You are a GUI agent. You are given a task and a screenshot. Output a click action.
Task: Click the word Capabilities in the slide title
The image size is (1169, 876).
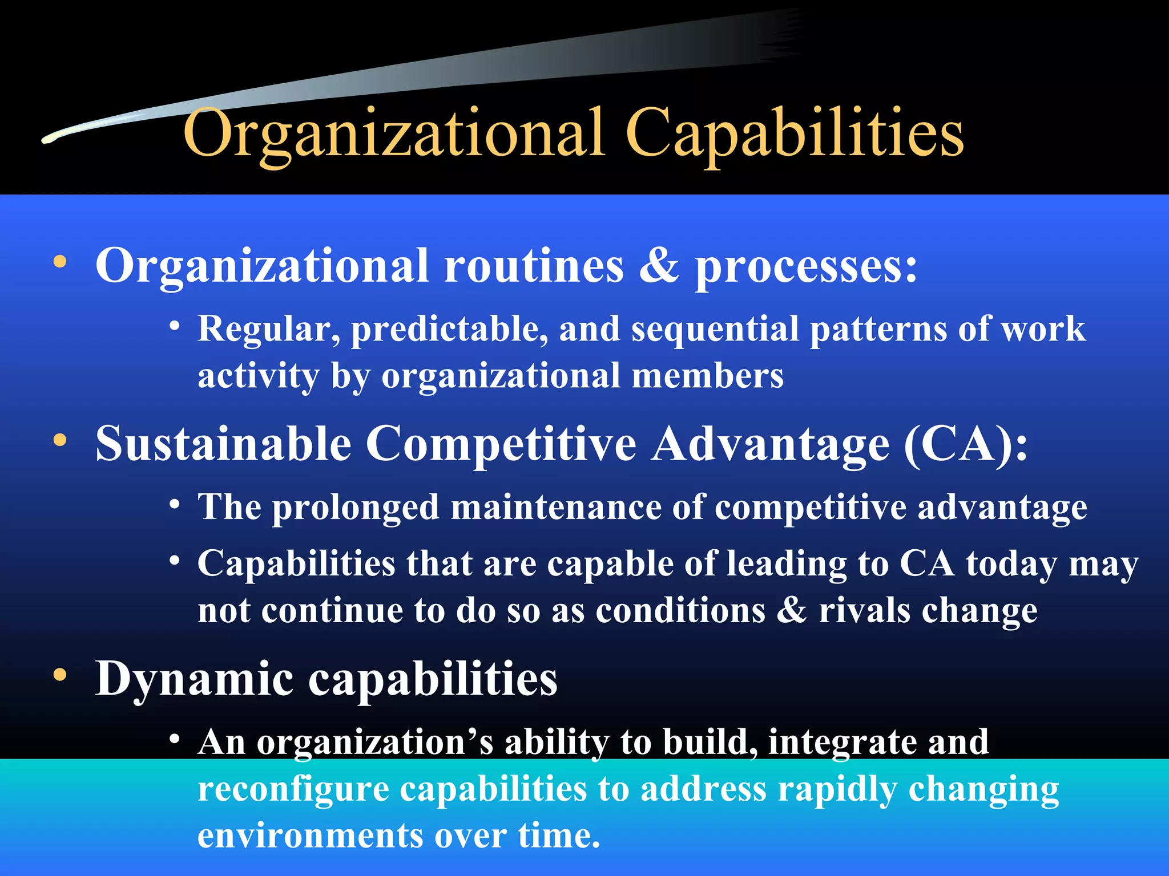point(795,135)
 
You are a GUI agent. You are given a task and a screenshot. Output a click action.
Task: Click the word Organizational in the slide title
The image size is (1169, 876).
point(394,135)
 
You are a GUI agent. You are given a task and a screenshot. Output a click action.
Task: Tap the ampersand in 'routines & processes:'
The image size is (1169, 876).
point(659,266)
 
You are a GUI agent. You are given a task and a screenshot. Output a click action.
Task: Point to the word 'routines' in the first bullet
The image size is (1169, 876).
point(534,266)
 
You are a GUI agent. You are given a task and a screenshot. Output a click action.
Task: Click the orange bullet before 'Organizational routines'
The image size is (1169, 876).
point(60,263)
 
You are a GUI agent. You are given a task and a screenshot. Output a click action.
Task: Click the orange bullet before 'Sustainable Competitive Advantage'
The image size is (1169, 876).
point(60,441)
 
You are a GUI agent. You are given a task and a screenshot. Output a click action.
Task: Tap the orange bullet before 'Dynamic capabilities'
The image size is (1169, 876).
point(60,675)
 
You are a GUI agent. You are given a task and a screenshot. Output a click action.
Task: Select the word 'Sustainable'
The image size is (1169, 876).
point(223,444)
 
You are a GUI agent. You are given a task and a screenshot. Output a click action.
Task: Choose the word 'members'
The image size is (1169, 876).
point(708,376)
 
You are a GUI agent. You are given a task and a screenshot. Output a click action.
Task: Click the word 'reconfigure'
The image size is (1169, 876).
point(293,790)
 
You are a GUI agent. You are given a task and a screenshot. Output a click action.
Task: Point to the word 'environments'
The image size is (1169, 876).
point(310,836)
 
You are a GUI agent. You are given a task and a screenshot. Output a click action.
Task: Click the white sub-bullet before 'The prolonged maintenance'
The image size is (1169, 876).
point(175,505)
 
